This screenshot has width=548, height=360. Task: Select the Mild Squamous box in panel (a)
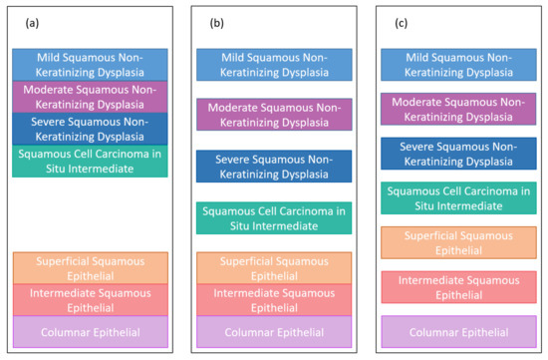[x=90, y=65]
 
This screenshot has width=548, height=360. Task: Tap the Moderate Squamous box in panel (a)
[x=90, y=97]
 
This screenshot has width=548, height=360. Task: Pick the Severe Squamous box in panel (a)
[x=90, y=129]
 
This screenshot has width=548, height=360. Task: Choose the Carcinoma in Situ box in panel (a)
[x=90, y=161]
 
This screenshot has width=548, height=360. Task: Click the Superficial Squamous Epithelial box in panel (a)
[x=90, y=267]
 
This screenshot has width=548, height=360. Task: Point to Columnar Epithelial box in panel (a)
[x=90, y=331]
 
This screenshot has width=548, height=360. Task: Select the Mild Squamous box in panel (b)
[x=274, y=65]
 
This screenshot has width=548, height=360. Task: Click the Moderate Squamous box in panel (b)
[x=274, y=114]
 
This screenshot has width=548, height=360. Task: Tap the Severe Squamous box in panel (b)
[x=274, y=167]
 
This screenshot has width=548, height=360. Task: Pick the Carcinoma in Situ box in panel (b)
[x=274, y=218]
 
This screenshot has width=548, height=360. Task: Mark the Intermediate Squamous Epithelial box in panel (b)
[x=274, y=300]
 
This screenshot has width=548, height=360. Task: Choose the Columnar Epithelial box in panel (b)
[x=274, y=331]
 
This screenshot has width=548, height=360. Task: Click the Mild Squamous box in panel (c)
[x=458, y=65]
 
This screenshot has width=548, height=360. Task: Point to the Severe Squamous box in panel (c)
[x=458, y=154]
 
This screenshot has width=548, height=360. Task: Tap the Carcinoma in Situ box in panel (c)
[x=458, y=198]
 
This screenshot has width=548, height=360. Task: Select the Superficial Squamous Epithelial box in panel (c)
[x=458, y=242]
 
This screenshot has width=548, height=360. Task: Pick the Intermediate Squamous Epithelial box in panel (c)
[x=458, y=286]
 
